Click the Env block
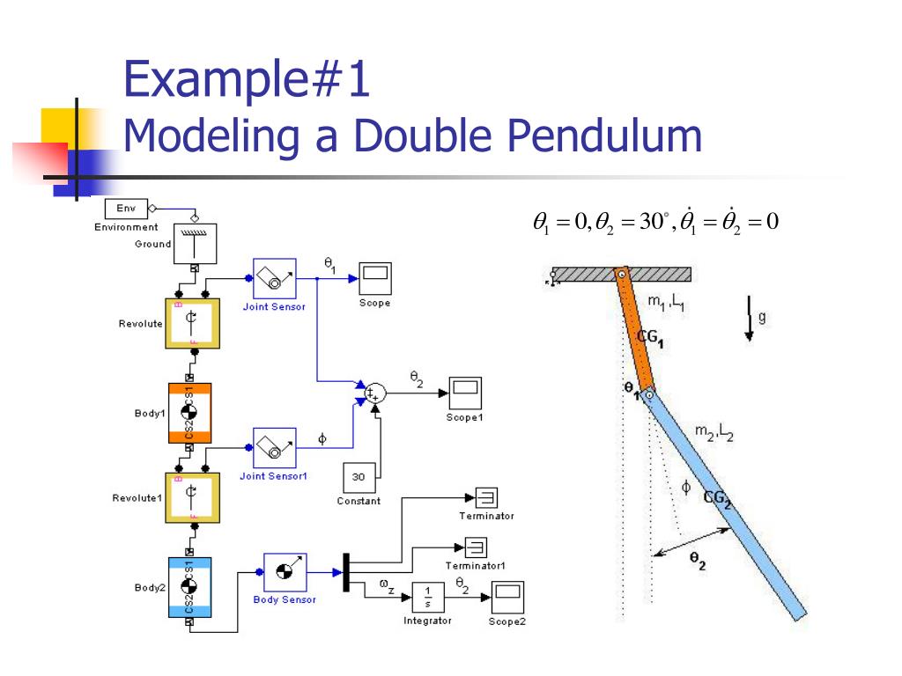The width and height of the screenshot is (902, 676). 126,209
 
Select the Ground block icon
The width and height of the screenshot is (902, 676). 195,243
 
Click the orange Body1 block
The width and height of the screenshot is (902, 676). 189,412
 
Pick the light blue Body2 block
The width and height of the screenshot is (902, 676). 189,586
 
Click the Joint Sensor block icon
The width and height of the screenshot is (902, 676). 276,279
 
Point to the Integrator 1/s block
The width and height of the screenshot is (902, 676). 427,597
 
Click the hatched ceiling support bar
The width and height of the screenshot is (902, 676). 621,274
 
